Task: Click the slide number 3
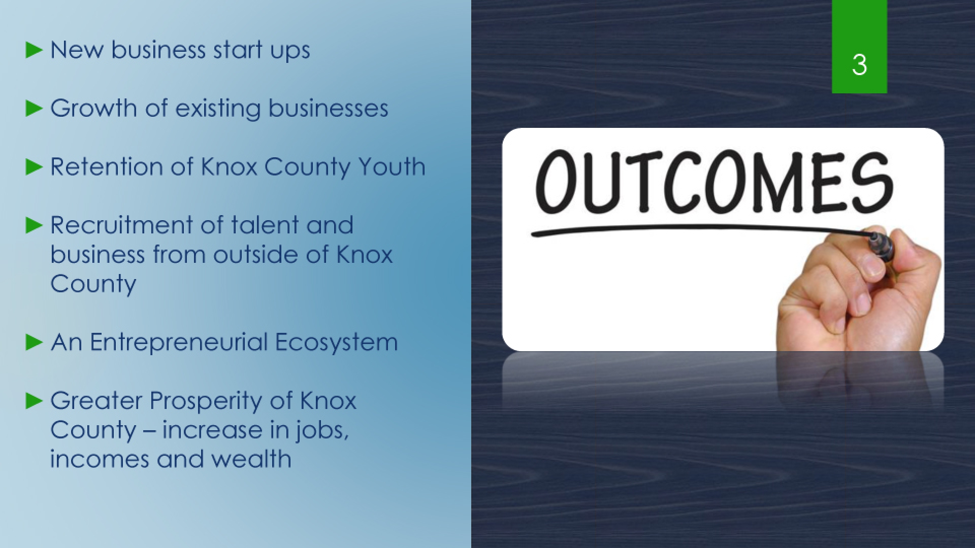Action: coord(859,65)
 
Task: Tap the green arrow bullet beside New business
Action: coord(34,50)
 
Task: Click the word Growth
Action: coord(94,108)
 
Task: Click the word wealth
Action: coord(251,459)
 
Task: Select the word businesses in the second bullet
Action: coord(328,108)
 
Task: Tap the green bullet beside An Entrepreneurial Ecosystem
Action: coord(34,342)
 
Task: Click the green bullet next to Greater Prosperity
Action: coord(34,401)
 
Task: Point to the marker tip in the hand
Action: coord(873,237)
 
